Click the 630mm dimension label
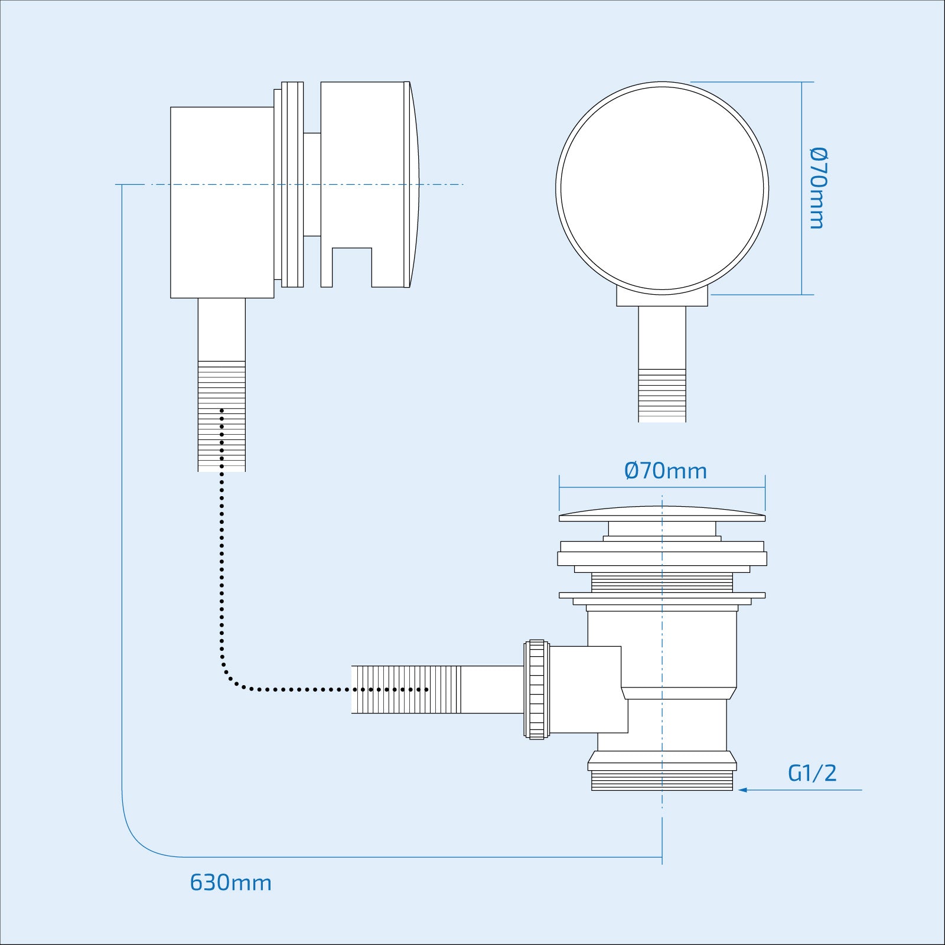(230, 882)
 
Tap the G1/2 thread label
(812, 773)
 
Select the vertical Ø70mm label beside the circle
(817, 188)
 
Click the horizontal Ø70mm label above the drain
(665, 471)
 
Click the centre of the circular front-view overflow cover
(662, 188)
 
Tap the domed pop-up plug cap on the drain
(662, 514)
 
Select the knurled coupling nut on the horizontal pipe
(536, 689)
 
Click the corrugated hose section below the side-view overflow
(221, 416)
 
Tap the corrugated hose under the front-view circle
(662, 396)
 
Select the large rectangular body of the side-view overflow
(222, 202)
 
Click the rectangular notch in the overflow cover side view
(352, 268)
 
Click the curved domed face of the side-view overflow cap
(414, 184)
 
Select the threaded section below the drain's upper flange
(662, 583)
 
